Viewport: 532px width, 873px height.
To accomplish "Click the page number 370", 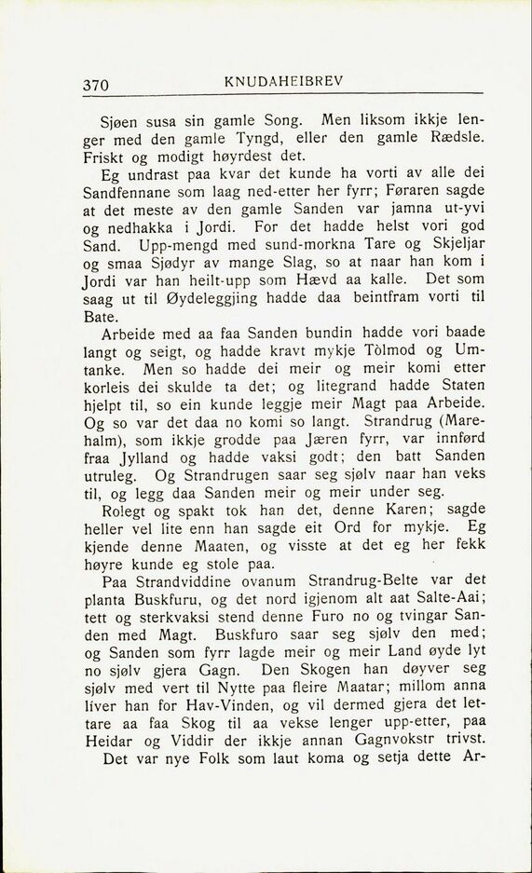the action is [x=96, y=85].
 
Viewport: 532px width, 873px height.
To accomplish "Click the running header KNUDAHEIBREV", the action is [x=284, y=81].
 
